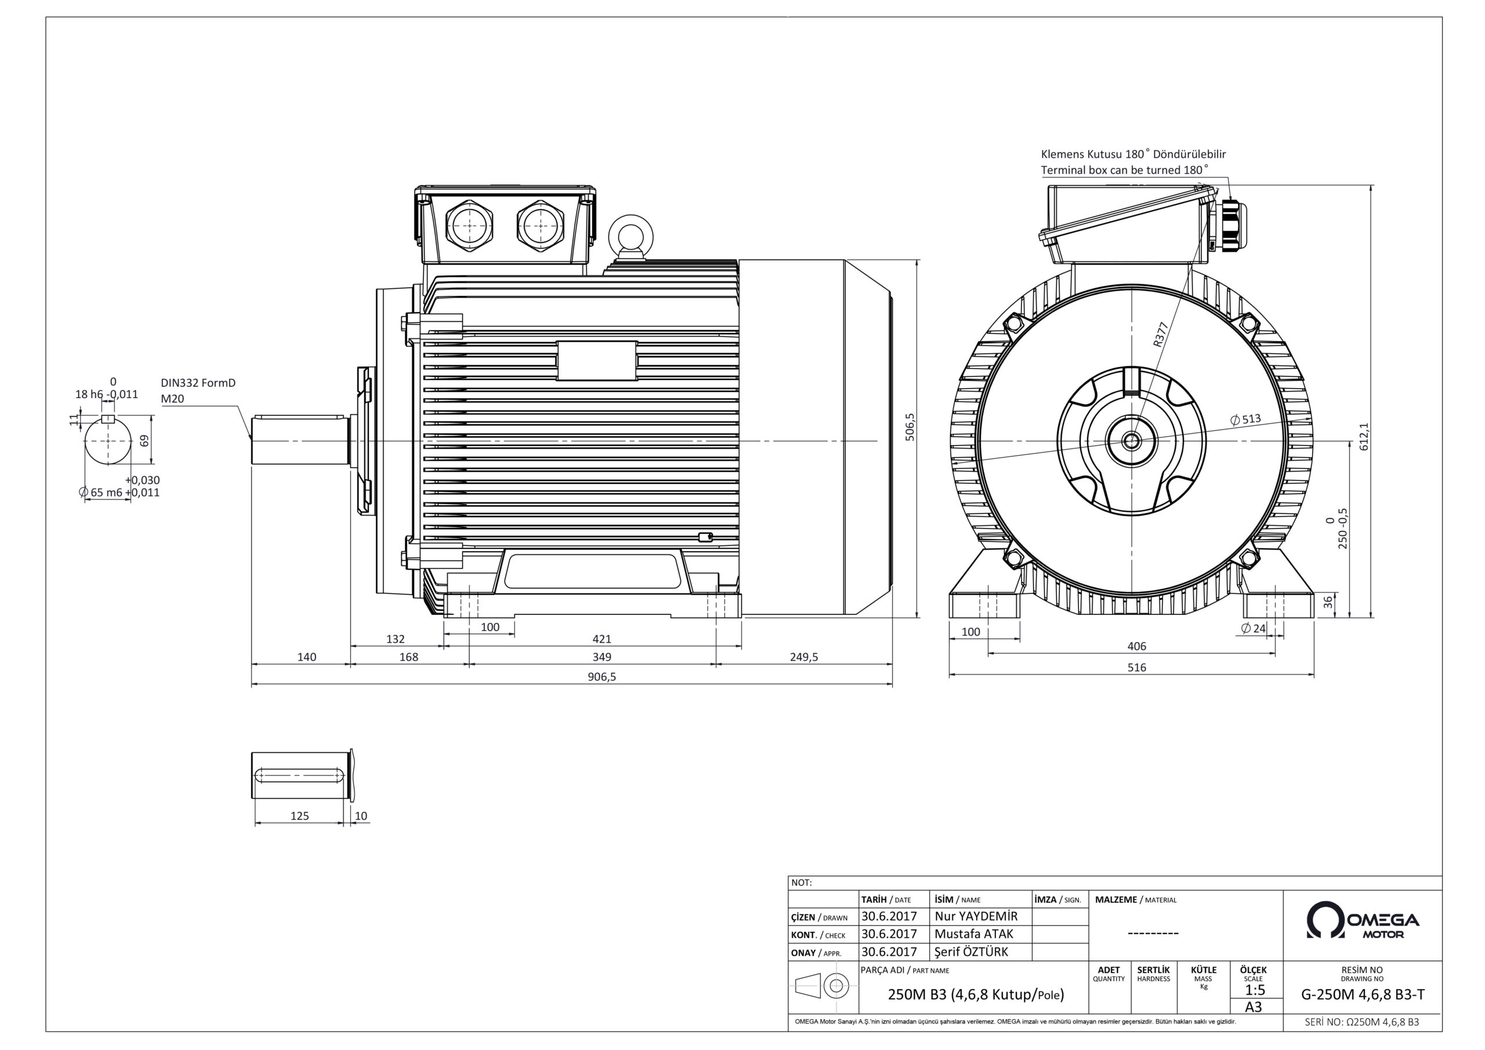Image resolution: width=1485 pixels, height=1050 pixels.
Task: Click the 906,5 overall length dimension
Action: [x=602, y=677]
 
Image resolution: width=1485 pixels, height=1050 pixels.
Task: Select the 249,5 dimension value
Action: [x=804, y=657]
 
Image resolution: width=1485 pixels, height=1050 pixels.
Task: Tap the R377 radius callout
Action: [x=1161, y=335]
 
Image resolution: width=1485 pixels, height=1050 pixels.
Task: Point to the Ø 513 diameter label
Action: [x=1245, y=419]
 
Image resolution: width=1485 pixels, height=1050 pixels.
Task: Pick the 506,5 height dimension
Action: [x=910, y=427]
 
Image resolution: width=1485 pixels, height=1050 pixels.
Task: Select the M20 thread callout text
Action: [x=173, y=399]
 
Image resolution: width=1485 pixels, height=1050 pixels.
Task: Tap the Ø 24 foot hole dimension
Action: [x=1254, y=628]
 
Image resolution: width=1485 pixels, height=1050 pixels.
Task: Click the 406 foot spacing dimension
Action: [x=1136, y=646]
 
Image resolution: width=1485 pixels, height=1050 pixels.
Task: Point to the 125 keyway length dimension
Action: [x=299, y=816]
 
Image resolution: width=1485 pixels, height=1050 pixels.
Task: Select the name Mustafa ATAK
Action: [x=974, y=934]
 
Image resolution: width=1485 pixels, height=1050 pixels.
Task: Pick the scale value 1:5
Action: [x=1255, y=990]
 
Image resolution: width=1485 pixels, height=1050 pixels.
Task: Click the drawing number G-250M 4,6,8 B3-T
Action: [x=1362, y=995]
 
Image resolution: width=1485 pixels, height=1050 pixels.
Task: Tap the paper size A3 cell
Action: [x=1254, y=1007]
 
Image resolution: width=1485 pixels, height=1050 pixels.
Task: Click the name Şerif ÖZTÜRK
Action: [x=972, y=951]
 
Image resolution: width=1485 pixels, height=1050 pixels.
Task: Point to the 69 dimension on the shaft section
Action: [x=145, y=440]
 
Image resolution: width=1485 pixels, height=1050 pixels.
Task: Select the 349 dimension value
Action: [x=602, y=657]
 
